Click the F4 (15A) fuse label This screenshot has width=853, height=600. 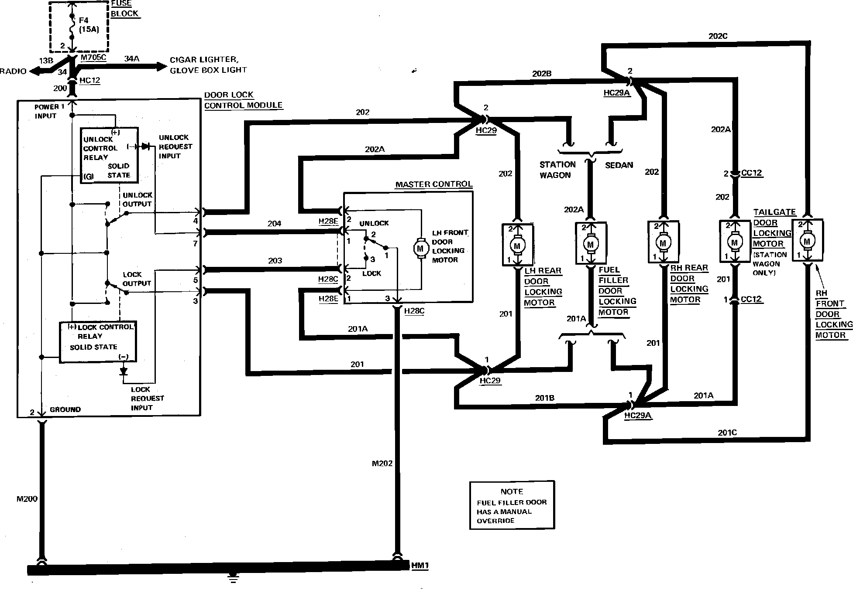click(89, 25)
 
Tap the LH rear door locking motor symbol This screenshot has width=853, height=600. click(517, 245)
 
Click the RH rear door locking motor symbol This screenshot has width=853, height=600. click(663, 243)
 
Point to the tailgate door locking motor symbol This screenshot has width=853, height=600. click(734, 242)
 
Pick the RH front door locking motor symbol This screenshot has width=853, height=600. click(807, 241)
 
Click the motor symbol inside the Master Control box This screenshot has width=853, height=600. click(420, 248)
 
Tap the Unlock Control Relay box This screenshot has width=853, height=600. click(109, 155)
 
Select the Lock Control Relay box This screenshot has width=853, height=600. click(98, 342)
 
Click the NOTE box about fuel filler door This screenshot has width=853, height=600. click(512, 505)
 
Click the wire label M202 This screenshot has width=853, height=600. click(382, 464)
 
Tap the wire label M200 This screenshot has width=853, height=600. click(27, 499)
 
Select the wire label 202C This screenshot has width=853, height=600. click(718, 36)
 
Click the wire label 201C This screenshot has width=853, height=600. click(727, 433)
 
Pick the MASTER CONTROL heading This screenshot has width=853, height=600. click(433, 184)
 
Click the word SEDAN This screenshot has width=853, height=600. click(619, 165)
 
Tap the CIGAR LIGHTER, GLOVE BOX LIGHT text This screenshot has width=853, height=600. click(208, 65)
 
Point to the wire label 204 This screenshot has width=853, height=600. click(274, 224)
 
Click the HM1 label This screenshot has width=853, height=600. click(420, 566)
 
